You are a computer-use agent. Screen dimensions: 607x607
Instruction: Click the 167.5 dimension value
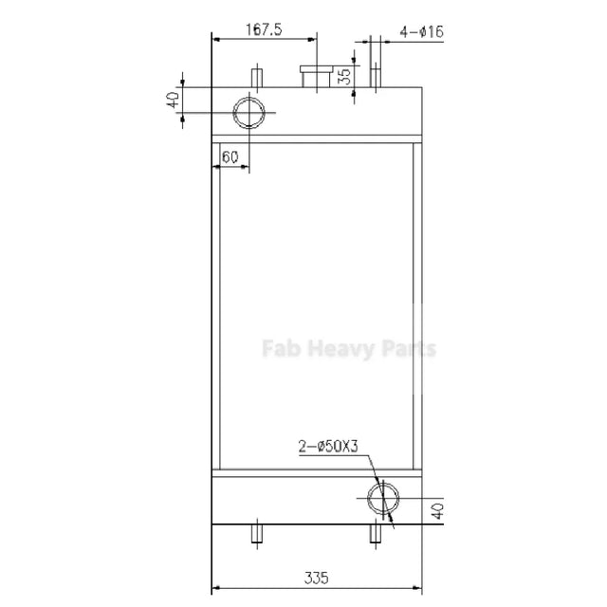tap(264, 29)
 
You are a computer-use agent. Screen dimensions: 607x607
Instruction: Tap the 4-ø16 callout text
tap(421, 31)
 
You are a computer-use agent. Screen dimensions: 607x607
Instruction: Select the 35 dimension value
tap(343, 76)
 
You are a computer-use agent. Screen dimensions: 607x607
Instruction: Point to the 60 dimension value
tap(230, 157)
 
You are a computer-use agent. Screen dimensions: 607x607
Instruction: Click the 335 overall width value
tap(317, 578)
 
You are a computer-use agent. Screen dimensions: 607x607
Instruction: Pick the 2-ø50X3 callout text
tap(328, 447)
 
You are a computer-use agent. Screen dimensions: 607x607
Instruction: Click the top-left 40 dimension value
tap(173, 100)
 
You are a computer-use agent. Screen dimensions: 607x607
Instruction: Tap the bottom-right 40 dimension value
tap(437, 511)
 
